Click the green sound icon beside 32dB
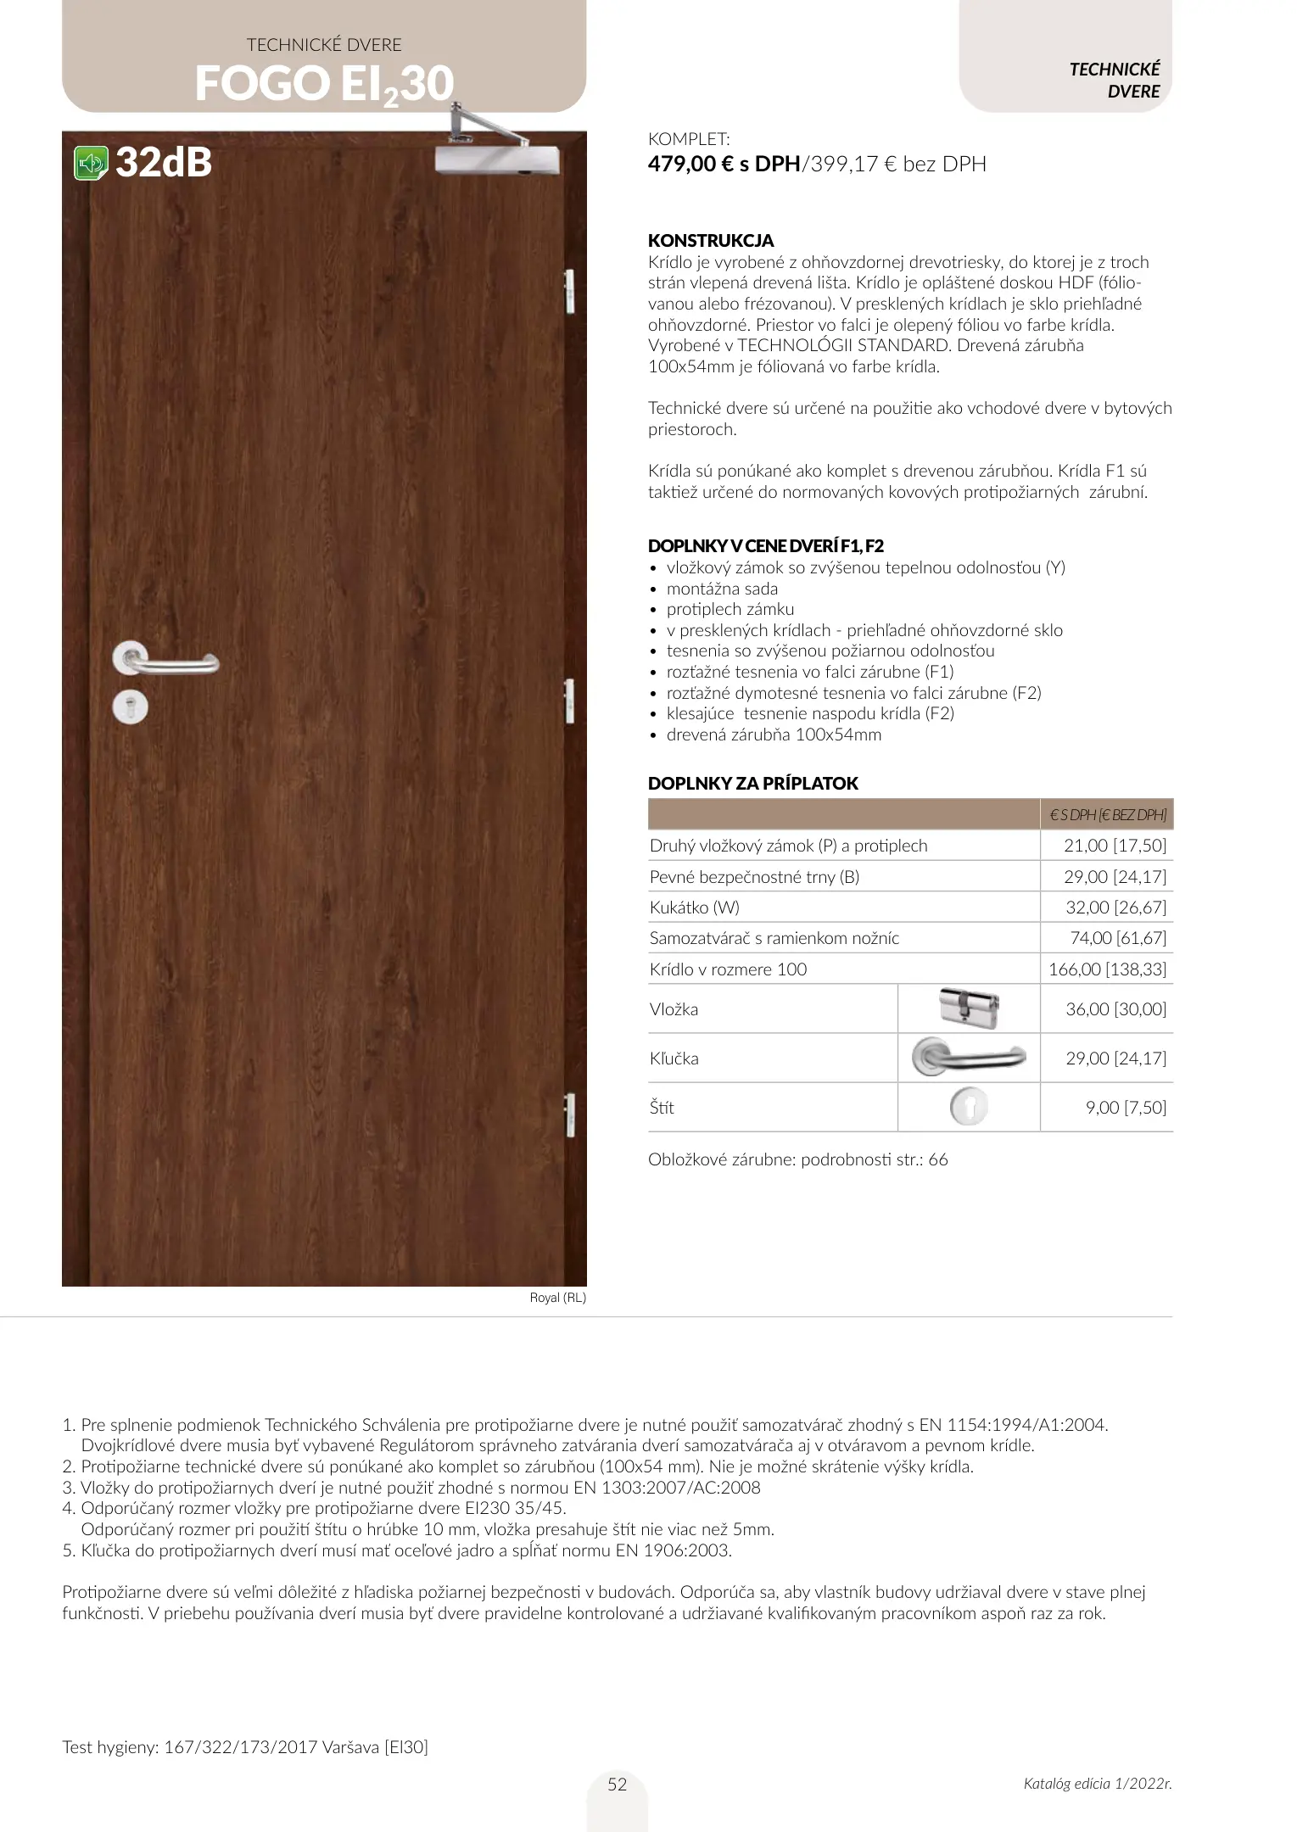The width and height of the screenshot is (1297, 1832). click(91, 163)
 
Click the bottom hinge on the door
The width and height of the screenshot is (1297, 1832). click(569, 1114)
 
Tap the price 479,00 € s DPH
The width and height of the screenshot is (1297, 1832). click(724, 164)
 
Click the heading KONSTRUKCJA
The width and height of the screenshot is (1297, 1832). click(711, 241)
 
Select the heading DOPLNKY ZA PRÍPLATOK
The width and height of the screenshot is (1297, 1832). click(753, 783)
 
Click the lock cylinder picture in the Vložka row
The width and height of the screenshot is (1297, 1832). click(969, 1008)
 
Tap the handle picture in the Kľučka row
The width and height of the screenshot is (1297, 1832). click(969, 1058)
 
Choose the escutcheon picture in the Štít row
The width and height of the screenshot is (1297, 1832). click(969, 1107)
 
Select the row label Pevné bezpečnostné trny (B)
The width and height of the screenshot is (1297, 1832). click(754, 877)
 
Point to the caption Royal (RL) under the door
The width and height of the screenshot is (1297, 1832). click(557, 1298)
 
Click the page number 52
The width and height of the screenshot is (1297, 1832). click(618, 1785)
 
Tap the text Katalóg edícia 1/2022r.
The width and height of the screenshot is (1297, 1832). click(1098, 1784)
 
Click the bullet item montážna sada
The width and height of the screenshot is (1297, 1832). click(722, 589)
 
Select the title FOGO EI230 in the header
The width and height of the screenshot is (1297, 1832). click(324, 85)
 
